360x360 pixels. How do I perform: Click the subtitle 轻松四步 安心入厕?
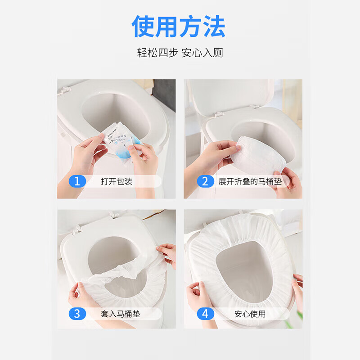(x=180, y=53)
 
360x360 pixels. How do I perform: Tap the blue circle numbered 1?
(x=77, y=181)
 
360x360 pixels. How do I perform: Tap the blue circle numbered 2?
(x=205, y=181)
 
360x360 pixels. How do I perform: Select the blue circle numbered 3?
(x=77, y=313)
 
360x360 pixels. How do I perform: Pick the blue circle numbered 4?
(x=205, y=313)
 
